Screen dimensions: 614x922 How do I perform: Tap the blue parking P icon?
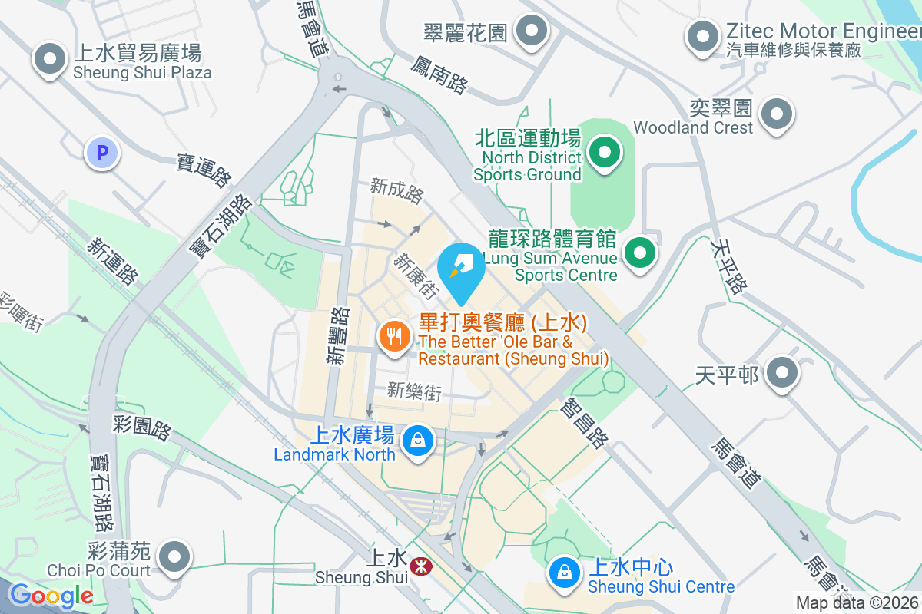[101, 153]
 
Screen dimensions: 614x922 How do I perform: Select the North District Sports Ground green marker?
[605, 153]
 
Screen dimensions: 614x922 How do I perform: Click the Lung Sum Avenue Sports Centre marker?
[638, 253]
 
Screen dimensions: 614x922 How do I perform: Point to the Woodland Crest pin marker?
[776, 115]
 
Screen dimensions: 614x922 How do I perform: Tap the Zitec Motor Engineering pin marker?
[701, 37]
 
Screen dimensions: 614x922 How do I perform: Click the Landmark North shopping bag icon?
[417, 441]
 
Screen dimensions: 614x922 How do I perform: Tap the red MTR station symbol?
[420, 568]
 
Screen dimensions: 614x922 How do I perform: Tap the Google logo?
[51, 596]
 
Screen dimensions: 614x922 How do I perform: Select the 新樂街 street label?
[414, 391]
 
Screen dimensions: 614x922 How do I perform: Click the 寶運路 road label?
[204, 170]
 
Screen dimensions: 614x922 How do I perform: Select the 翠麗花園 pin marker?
[530, 32]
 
